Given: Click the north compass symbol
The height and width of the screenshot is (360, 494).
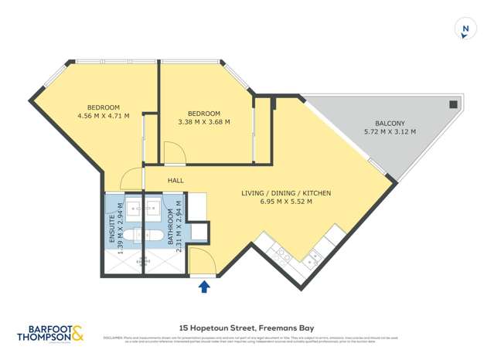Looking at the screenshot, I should (465, 29).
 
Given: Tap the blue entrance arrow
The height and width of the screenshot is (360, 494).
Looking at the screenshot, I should (204, 287).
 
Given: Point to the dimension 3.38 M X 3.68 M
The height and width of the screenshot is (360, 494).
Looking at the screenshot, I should (204, 121).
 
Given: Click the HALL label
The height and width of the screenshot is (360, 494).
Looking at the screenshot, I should (175, 180).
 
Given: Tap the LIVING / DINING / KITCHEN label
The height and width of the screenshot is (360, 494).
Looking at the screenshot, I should (277, 193).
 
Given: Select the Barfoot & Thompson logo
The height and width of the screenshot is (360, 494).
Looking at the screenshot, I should (51, 335).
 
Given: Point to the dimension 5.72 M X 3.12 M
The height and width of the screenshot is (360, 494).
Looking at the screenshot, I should (390, 132).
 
